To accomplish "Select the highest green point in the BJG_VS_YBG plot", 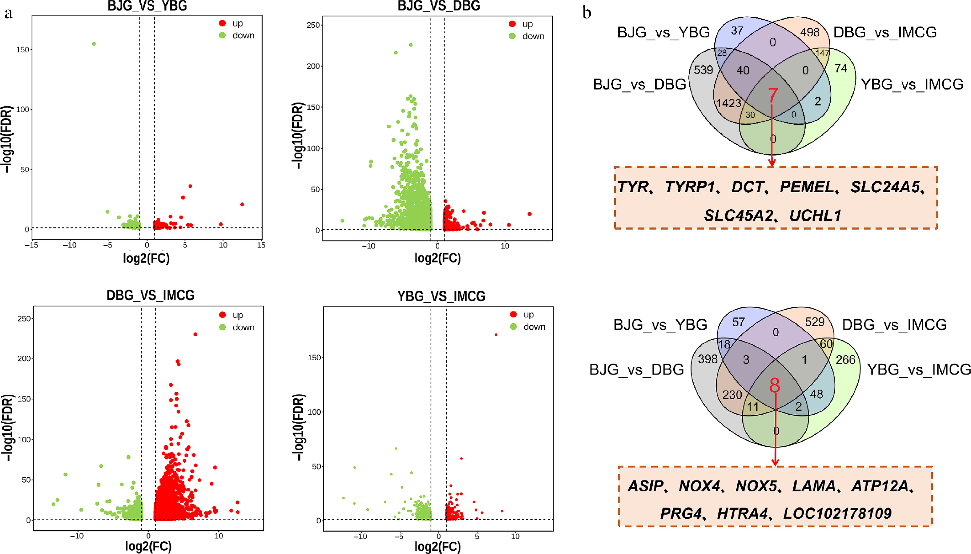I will coord(94,44).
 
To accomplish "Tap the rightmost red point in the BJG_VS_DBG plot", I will coord(529,214).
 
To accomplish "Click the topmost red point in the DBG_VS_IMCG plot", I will coord(195,334).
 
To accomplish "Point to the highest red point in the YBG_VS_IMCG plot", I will coord(496,335).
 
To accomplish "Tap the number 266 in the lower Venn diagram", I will coord(845,360).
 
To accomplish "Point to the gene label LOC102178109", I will coord(837,514).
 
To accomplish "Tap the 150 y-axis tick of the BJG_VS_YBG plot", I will coord(22,50).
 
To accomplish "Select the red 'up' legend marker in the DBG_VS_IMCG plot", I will coord(223,315).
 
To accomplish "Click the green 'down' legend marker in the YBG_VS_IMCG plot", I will coord(513,327).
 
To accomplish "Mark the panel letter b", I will coord(587,13).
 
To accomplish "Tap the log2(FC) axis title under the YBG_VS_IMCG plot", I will coord(438,546).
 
